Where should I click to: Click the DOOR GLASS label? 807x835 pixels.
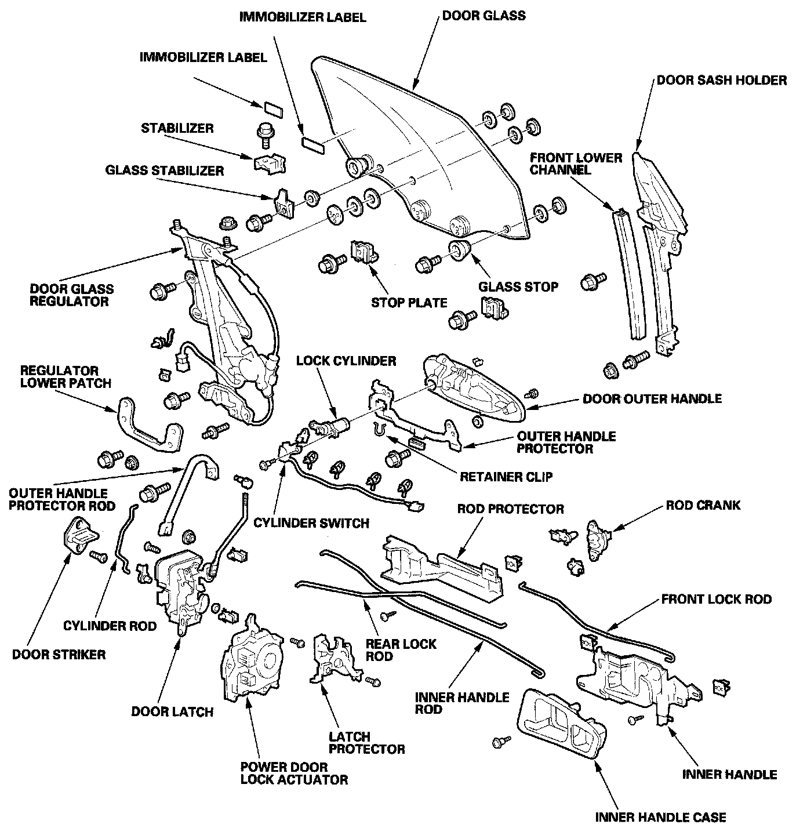pyautogui.click(x=484, y=15)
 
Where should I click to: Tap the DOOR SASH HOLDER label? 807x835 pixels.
pyautogui.click(x=721, y=80)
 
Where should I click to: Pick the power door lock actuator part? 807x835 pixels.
pyautogui.click(x=252, y=662)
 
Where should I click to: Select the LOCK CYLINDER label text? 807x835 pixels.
pyautogui.click(x=346, y=361)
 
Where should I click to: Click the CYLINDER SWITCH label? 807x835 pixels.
pyautogui.click(x=311, y=523)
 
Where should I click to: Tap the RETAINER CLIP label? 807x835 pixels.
pyautogui.click(x=506, y=477)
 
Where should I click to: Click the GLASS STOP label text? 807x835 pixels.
pyautogui.click(x=518, y=286)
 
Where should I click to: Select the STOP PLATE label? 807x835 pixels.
pyautogui.click(x=409, y=302)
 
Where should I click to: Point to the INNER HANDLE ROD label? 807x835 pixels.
pyautogui.click(x=462, y=703)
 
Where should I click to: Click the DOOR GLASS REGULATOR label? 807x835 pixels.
pyautogui.click(x=72, y=295)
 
